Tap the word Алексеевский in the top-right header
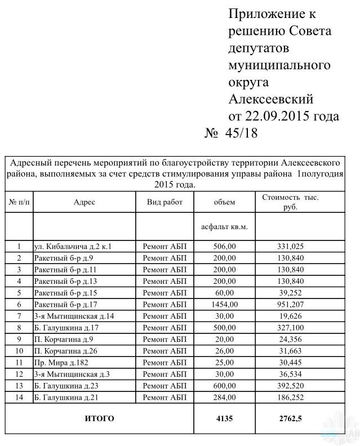click(270, 100)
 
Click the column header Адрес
click(85, 202)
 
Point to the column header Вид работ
click(165, 202)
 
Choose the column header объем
click(224, 202)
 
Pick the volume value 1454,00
click(224, 305)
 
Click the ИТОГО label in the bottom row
click(99, 418)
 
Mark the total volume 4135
click(224, 418)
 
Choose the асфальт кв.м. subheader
click(224, 227)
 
